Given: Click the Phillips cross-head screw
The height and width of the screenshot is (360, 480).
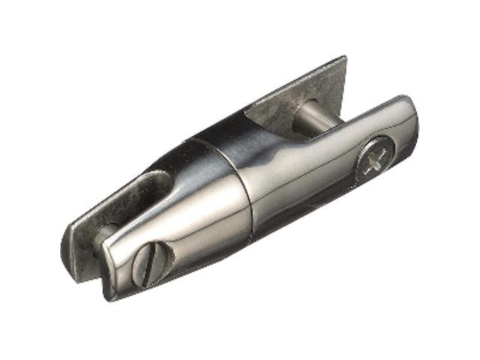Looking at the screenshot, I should [x=373, y=161].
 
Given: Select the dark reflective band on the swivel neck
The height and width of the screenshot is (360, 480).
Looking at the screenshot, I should [x=225, y=139].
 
